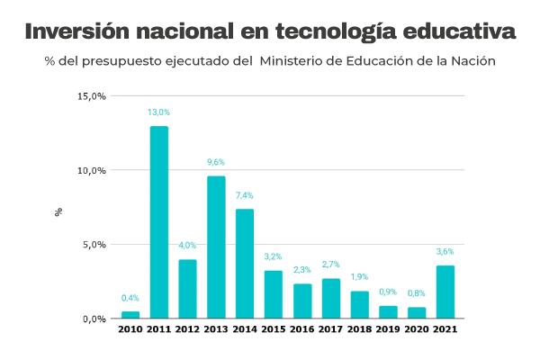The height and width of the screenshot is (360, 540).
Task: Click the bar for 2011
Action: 158,222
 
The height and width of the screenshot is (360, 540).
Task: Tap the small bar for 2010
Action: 130,315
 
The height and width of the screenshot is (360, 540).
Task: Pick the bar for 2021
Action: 445,292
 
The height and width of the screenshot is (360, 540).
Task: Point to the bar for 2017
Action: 331,299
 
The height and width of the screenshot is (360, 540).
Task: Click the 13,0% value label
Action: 158,112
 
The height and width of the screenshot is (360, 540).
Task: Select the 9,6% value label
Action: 216,162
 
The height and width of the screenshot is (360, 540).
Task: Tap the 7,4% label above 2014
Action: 245,195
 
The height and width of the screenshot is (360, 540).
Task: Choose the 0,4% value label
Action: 130,298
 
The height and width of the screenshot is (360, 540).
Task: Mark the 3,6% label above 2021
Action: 445,252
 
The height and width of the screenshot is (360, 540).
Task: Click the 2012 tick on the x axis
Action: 187,330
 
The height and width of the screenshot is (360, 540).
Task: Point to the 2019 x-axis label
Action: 388,330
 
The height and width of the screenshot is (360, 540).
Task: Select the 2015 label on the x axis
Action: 274,330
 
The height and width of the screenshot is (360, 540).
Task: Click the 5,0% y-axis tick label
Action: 94,245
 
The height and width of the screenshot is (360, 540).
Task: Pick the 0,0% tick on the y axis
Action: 94,319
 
